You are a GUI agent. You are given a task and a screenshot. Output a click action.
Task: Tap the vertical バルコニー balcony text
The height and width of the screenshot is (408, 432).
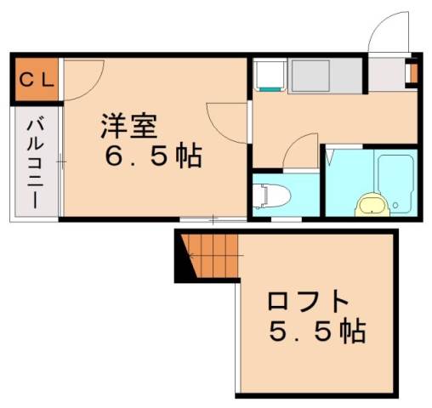[x=34, y=161]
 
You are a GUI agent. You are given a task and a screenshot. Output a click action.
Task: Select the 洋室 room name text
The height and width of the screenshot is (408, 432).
[x=129, y=127]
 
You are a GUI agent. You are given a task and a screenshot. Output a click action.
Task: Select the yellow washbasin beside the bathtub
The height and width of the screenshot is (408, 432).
[x=371, y=204]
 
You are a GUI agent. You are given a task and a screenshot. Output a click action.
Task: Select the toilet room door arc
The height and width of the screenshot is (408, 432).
[x=302, y=153]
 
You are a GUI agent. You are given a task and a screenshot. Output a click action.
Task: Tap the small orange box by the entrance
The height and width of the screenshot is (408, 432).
[x=412, y=74]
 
